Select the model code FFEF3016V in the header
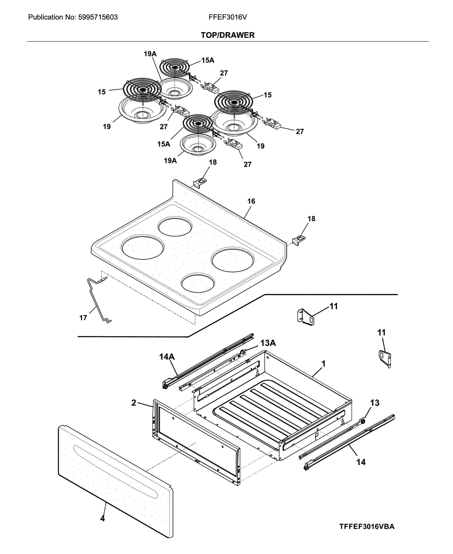click(x=227, y=17)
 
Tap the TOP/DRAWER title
click(x=227, y=35)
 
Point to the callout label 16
click(x=251, y=201)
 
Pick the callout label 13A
click(x=268, y=343)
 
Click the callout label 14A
click(x=167, y=357)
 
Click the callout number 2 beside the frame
click(x=134, y=403)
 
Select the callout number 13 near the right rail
click(x=375, y=403)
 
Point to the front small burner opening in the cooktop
click(x=198, y=283)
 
